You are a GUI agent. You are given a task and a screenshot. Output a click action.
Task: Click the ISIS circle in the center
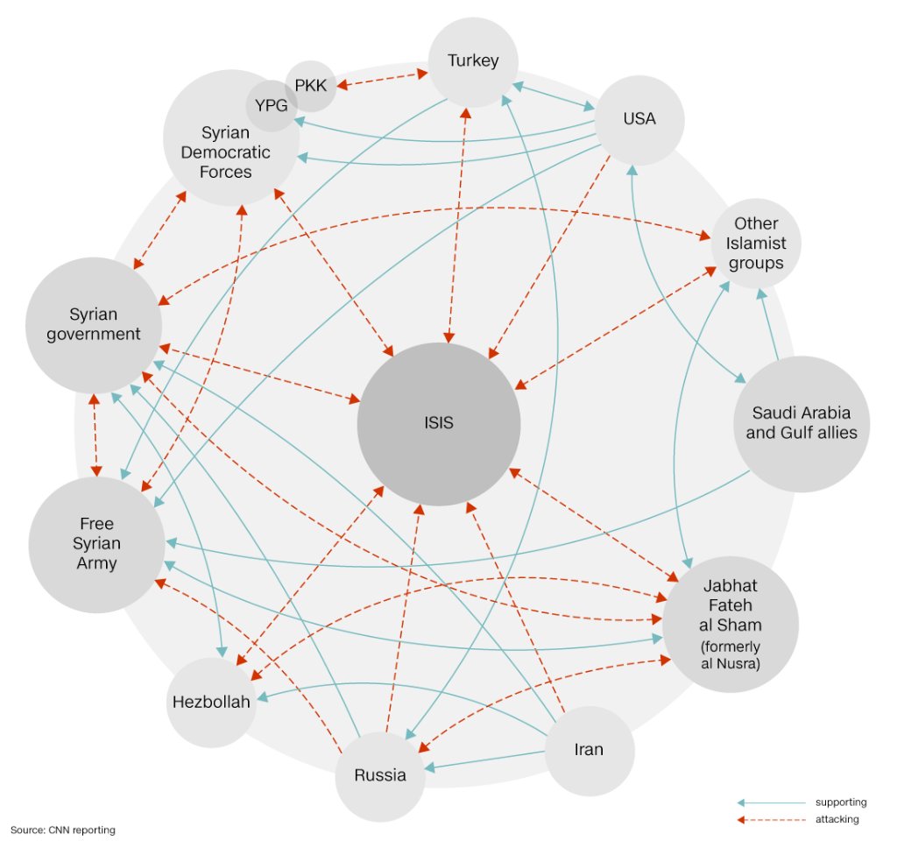pyautogui.click(x=438, y=423)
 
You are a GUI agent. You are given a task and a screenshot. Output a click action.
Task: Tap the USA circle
pyautogui.click(x=639, y=119)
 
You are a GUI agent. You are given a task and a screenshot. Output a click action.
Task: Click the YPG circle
pyautogui.click(x=270, y=107)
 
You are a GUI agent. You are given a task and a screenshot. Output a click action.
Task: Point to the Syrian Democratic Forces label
pyautogui.click(x=226, y=152)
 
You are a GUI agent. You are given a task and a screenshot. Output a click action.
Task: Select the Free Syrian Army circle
pyautogui.click(x=96, y=543)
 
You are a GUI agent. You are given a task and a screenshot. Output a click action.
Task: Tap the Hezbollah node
pyautogui.click(x=210, y=703)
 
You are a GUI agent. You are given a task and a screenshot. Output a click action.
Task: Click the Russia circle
pyautogui.click(x=380, y=774)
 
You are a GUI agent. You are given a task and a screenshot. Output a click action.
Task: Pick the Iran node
pyautogui.click(x=589, y=750)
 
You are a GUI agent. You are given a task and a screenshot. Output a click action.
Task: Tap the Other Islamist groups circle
pyautogui.click(x=756, y=244)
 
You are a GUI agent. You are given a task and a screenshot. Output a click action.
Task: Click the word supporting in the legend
pyautogui.click(x=840, y=802)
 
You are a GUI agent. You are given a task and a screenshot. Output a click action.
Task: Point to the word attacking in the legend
pyautogui.click(x=837, y=820)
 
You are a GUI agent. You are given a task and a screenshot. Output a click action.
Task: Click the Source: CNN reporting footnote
pyautogui.click(x=63, y=829)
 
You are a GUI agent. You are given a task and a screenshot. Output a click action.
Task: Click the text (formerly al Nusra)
pyautogui.click(x=731, y=655)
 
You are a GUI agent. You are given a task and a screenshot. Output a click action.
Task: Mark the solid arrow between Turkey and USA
pyautogui.click(x=554, y=95)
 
